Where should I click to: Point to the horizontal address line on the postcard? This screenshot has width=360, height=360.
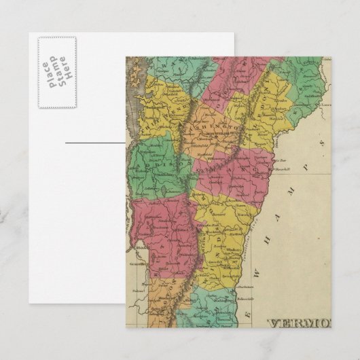click(x=95, y=143)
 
